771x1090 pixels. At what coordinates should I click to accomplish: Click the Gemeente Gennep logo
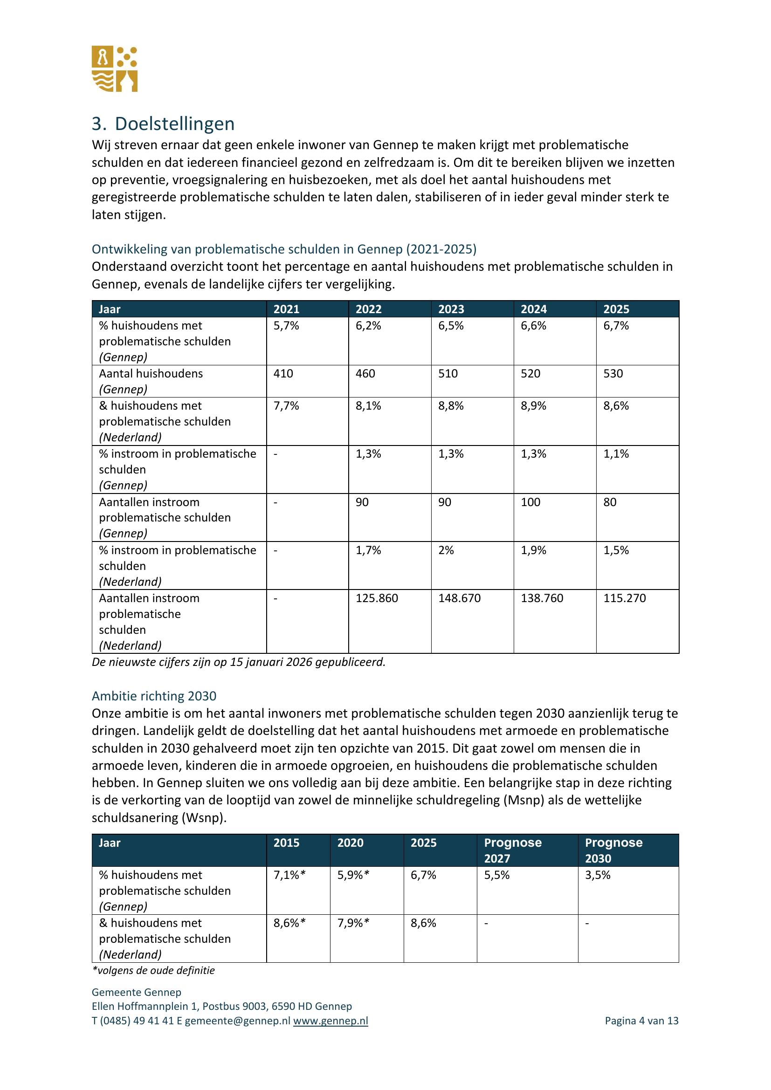click(114, 69)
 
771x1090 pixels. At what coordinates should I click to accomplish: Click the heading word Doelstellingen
click(174, 124)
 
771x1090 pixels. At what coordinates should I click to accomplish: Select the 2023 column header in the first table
click(451, 309)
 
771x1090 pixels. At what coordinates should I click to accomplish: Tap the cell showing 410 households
click(283, 374)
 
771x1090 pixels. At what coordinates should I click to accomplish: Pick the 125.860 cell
click(377, 598)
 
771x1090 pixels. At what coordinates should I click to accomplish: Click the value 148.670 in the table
click(459, 598)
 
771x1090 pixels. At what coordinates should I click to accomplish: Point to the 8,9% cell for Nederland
click(534, 406)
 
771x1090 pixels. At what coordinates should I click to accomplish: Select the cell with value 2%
click(446, 550)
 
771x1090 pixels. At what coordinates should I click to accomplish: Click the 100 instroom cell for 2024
click(531, 502)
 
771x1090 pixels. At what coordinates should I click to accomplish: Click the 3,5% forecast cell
click(598, 875)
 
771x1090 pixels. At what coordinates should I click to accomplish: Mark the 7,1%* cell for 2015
click(289, 875)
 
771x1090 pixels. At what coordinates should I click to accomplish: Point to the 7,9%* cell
click(353, 923)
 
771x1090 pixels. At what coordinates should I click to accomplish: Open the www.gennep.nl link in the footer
click(330, 1021)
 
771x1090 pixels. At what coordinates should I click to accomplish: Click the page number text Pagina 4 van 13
click(641, 1021)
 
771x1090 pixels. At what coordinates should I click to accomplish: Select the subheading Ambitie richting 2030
click(154, 696)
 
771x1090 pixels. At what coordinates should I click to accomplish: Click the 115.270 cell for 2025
click(624, 598)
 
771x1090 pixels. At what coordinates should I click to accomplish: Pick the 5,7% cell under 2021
click(286, 326)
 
